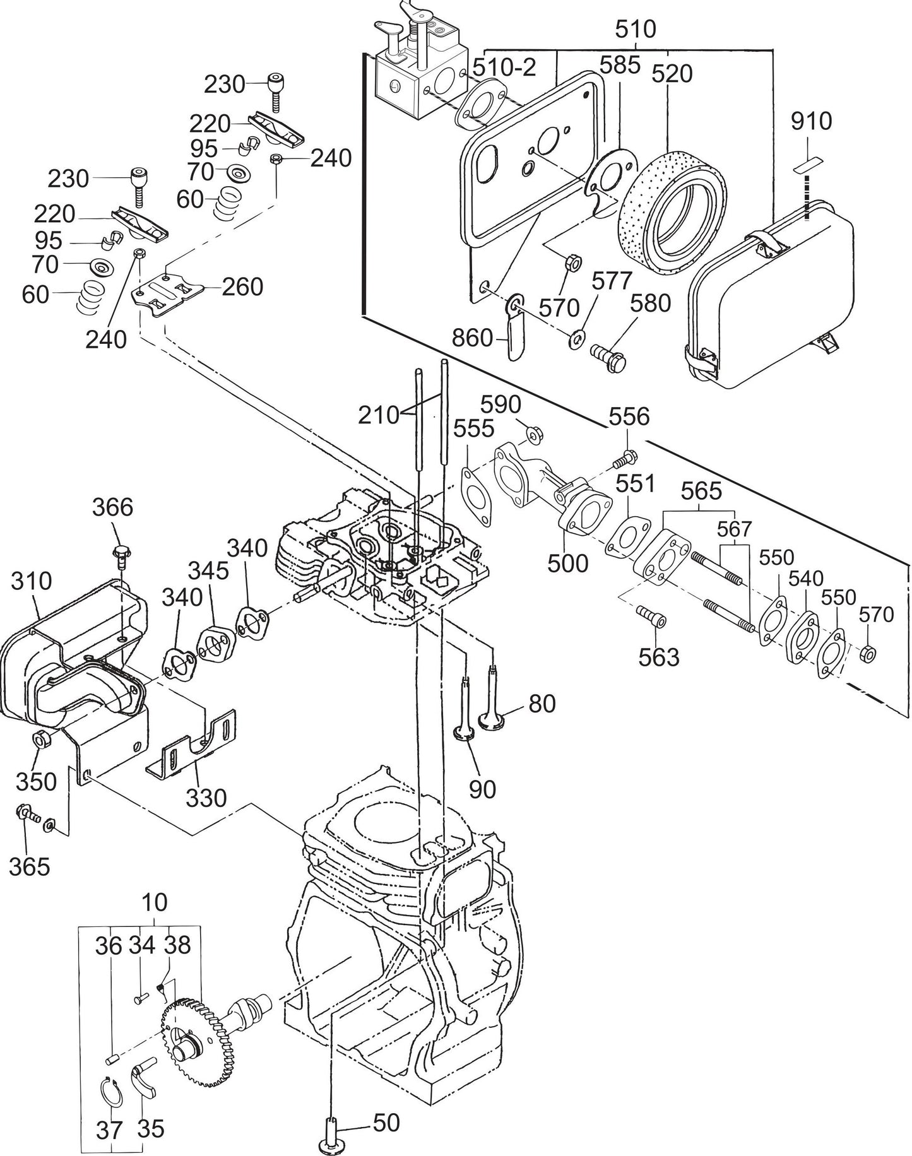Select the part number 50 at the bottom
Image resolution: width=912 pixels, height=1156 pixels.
(x=386, y=1123)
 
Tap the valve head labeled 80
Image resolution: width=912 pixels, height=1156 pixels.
(x=493, y=719)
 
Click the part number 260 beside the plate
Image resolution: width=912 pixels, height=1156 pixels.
(x=242, y=287)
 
